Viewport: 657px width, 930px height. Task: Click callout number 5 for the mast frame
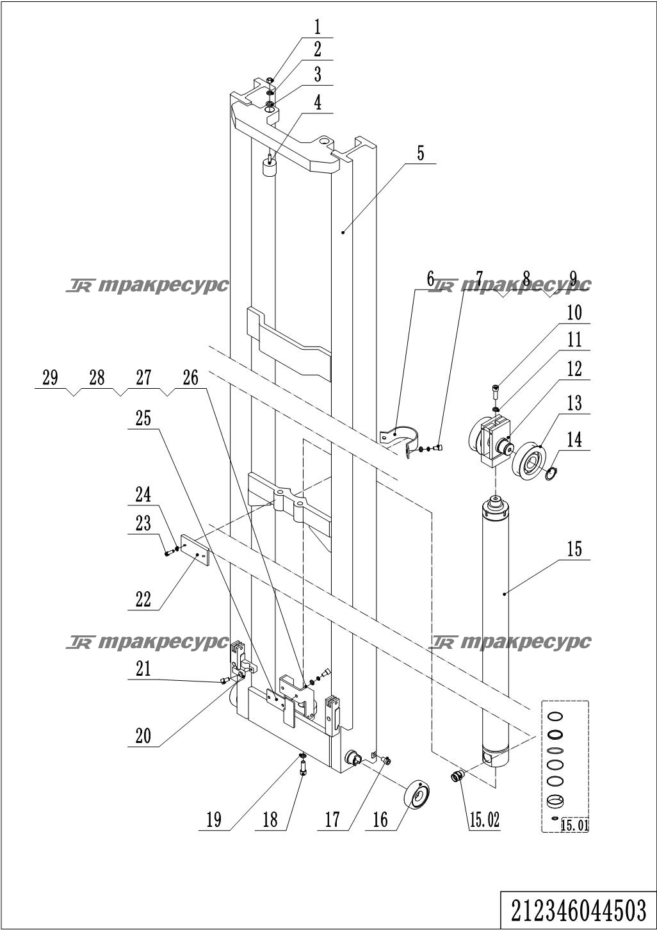point(421,153)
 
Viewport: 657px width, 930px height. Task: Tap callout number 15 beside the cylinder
point(574,550)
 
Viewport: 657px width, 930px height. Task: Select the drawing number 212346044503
point(578,911)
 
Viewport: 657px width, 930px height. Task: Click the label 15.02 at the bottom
point(484,820)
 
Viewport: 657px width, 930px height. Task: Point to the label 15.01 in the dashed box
point(574,825)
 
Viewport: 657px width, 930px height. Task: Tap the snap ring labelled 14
point(551,473)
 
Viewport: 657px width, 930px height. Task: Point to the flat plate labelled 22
point(195,551)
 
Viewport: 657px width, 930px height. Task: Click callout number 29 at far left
point(50,378)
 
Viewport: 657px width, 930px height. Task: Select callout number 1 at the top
point(318,27)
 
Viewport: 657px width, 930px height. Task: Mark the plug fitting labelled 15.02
point(457,775)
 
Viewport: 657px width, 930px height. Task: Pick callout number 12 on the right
point(574,369)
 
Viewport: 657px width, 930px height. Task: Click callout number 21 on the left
point(143,669)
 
